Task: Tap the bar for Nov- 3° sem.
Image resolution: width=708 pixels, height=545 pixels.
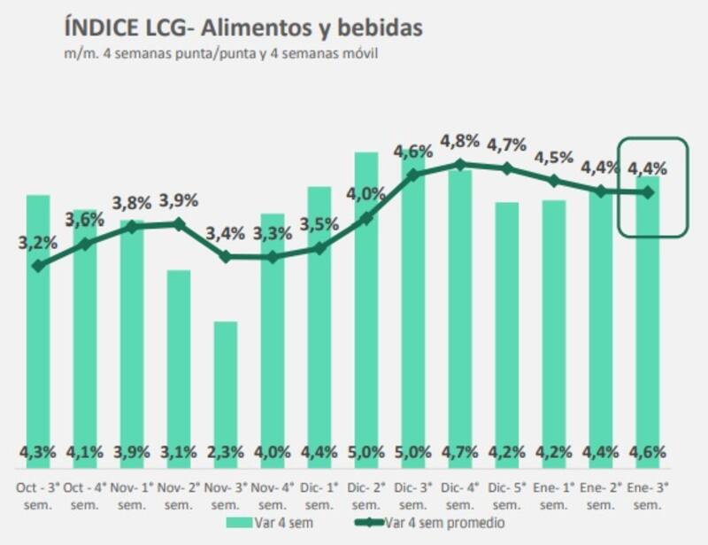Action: [226, 390]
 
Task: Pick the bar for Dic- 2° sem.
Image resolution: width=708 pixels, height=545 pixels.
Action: [366, 301]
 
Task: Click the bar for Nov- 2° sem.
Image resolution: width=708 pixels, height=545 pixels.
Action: [179, 363]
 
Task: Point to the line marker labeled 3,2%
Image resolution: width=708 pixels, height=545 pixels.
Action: [38, 265]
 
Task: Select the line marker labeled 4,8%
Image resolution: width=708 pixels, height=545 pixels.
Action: [460, 164]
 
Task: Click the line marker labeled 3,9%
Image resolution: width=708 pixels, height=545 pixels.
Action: [179, 224]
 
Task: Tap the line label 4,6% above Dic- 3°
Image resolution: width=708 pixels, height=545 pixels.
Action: [413, 151]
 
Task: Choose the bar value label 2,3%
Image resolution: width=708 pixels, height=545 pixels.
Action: [226, 453]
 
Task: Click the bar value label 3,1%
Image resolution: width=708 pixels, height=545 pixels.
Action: [179, 453]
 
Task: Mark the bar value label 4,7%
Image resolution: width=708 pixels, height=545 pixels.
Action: [460, 453]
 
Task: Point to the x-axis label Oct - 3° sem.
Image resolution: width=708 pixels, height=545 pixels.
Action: [38, 494]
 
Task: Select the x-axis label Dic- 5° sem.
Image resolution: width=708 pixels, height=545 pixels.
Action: [507, 494]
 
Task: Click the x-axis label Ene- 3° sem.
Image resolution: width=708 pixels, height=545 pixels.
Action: [648, 494]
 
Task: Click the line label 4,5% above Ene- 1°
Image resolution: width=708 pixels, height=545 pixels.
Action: [554, 158]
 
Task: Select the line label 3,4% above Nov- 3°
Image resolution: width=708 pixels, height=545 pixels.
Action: [226, 234]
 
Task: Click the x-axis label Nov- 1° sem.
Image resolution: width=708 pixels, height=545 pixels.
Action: [132, 494]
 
